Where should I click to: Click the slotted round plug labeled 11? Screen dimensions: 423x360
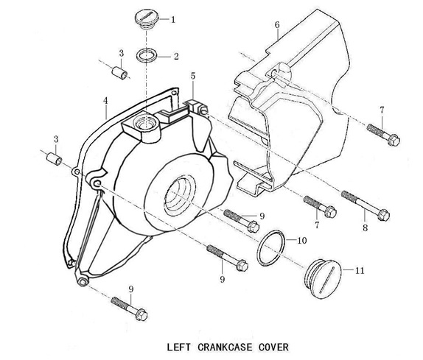point(324,279)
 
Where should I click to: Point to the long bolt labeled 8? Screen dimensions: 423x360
point(366,205)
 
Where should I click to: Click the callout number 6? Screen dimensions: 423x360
point(277,25)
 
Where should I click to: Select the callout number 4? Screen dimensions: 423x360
point(105,101)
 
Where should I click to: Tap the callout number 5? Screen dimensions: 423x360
point(193,76)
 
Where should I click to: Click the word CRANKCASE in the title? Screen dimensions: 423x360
point(226,347)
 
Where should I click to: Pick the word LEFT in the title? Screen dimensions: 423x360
point(179,347)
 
